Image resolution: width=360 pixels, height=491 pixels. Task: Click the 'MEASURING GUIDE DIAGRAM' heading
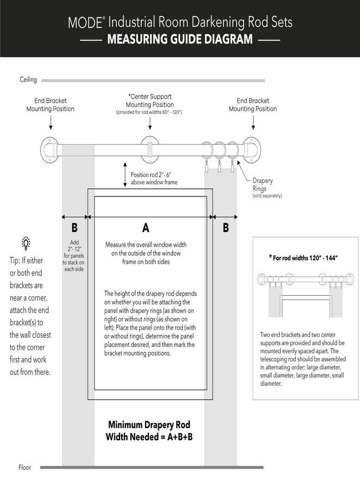click(180, 40)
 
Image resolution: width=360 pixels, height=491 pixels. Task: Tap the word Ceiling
click(28, 80)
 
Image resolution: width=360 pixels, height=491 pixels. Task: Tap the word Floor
click(25, 468)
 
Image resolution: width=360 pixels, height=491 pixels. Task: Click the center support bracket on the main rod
click(150, 148)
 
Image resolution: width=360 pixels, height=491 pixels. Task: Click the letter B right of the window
click(226, 228)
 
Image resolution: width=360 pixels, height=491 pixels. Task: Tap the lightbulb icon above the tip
click(26, 243)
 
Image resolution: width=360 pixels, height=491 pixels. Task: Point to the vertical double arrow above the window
click(125, 174)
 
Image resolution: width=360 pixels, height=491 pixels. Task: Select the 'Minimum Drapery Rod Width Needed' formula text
click(149, 430)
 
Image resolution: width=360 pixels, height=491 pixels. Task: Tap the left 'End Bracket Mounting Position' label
click(50, 105)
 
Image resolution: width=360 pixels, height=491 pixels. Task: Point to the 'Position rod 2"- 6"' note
click(154, 178)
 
